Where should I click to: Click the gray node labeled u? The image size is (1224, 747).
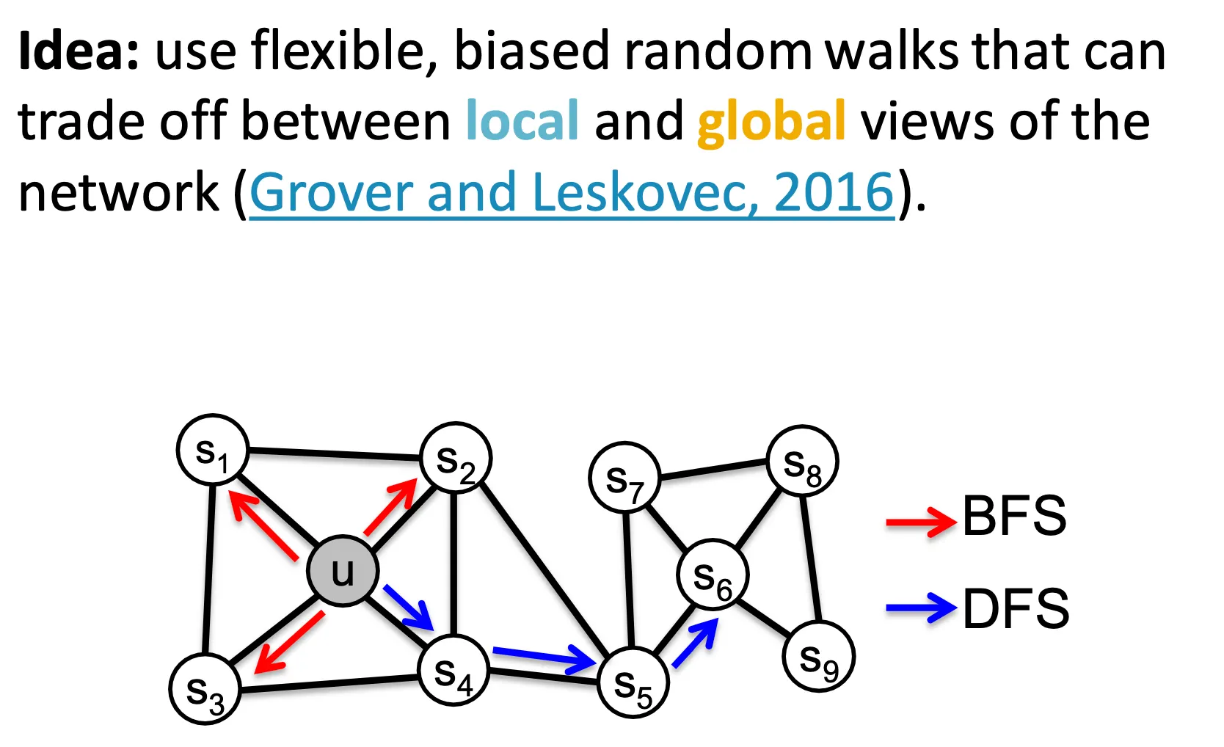coord(343,571)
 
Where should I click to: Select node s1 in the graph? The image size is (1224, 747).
coord(213,450)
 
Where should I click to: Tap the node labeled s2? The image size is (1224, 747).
coord(456,458)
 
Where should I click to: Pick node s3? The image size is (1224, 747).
coord(205,688)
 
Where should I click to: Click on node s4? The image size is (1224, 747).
coord(453,670)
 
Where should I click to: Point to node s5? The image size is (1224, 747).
coord(633,682)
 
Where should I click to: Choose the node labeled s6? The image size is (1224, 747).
coord(713,575)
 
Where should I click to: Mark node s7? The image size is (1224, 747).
coord(624,477)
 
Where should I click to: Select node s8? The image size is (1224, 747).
coord(802,461)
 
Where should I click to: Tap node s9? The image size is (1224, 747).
coord(818,657)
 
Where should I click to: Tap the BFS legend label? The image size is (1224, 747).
coord(1014,516)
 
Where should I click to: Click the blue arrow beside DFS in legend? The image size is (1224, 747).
coord(921,608)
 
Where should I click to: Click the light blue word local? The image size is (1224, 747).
coord(522,121)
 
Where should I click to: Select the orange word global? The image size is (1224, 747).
coord(771,121)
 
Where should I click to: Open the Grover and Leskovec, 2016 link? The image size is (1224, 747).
coord(572,192)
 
